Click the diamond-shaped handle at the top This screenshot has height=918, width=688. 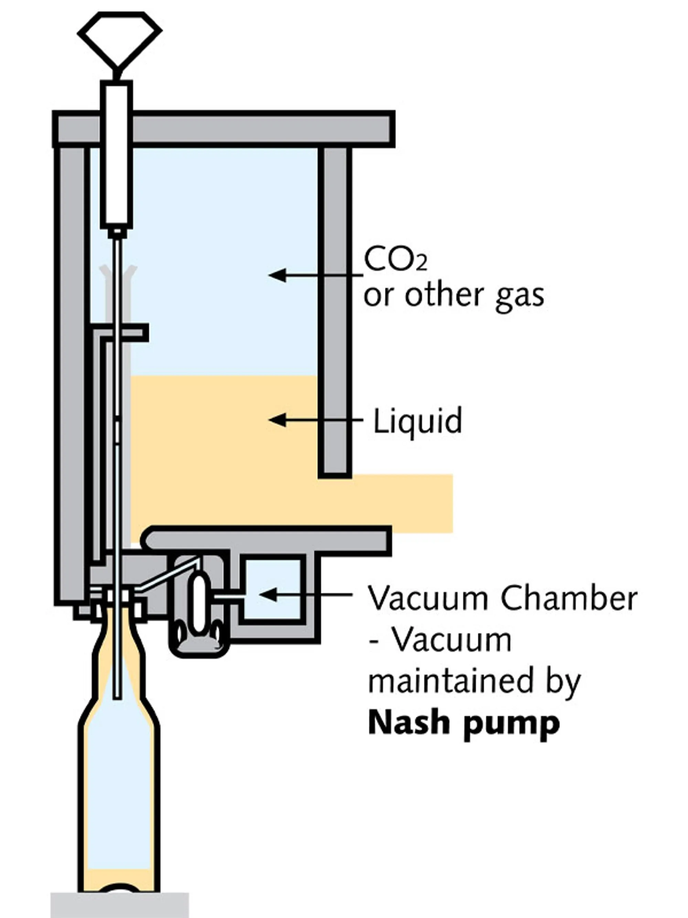pos(119,40)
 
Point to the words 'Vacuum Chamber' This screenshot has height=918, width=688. pos(502,599)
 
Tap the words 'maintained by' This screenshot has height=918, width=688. pos(474,681)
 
